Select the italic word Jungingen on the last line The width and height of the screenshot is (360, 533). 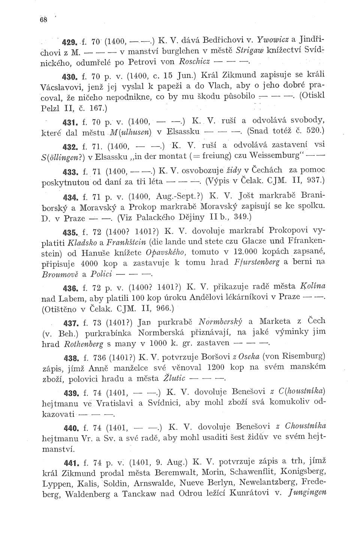tap(309, 492)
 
